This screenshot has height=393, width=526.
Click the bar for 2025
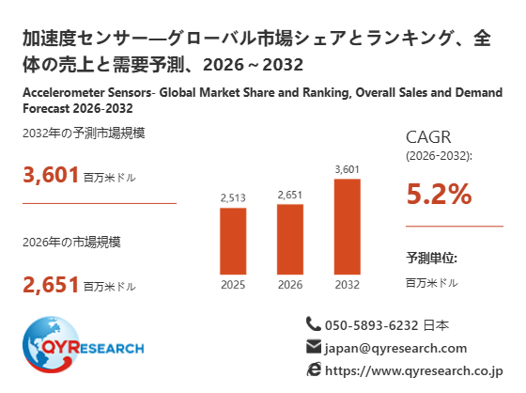coord(233,242)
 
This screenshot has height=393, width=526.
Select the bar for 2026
coord(290,239)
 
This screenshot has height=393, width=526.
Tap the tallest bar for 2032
coord(348,227)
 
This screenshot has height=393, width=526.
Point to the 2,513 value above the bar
coord(233,197)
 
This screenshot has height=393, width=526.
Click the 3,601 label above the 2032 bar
coord(348,169)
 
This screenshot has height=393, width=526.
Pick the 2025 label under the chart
coord(233,285)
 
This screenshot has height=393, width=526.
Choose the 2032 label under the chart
coord(348,285)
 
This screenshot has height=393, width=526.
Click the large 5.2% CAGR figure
coord(439,194)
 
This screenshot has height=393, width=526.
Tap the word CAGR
coord(428,137)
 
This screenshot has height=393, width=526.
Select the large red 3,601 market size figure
coord(51,175)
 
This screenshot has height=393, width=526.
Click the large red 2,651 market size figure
coord(51,285)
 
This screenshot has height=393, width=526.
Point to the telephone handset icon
coord(314,323)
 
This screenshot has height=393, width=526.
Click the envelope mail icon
coord(314,347)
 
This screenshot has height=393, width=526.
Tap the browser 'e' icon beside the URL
coord(314,369)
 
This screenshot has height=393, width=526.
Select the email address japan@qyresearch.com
coord(395,348)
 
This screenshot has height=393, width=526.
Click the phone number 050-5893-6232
coord(372,325)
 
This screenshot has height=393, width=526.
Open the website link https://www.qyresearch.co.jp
coord(414,371)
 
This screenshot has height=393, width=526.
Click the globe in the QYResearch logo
coord(51,344)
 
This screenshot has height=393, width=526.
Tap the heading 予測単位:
coord(431,258)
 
